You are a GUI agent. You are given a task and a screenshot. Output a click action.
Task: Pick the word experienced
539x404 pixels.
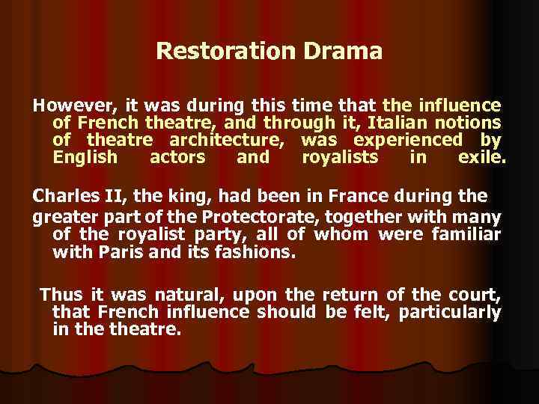coord(408,140)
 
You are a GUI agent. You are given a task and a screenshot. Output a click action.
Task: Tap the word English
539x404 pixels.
coord(85,158)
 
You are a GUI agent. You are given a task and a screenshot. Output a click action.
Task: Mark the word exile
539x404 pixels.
coord(482,158)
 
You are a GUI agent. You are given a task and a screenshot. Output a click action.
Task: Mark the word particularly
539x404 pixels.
coord(450,311)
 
